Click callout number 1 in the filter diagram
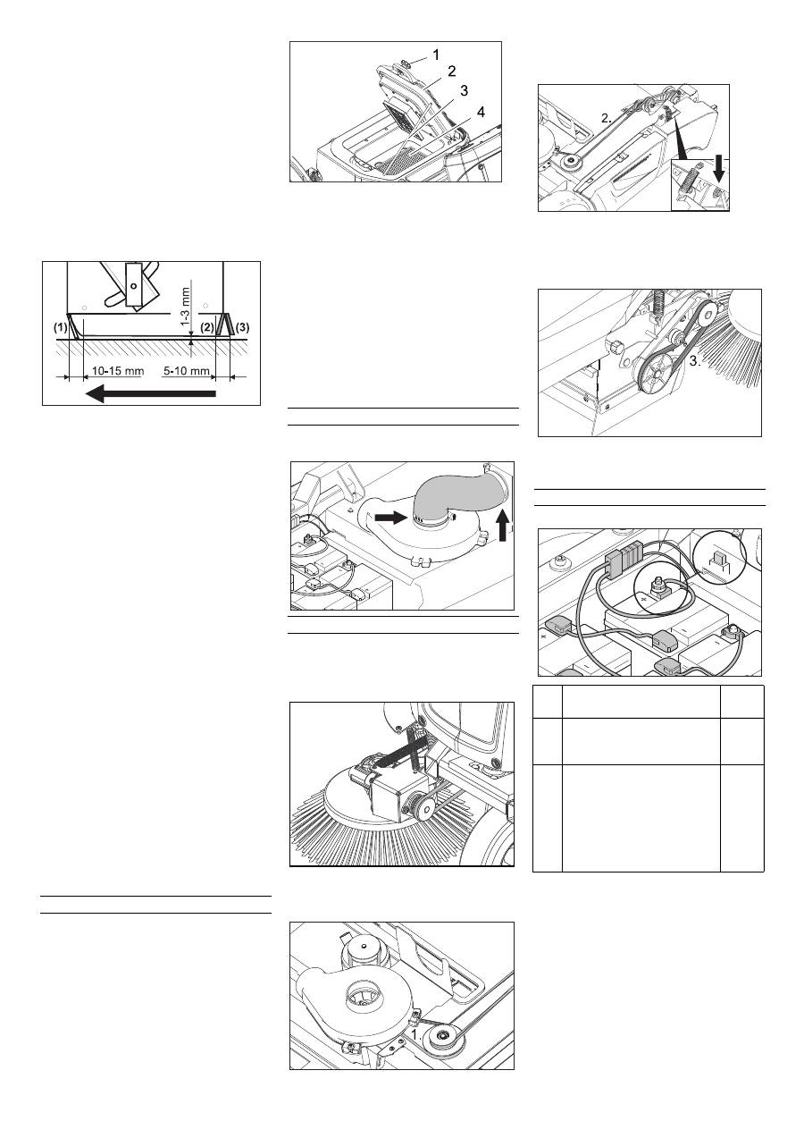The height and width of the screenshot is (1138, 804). [x=436, y=55]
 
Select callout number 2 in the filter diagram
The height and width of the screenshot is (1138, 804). [x=452, y=72]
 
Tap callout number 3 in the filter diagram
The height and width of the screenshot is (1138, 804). [x=464, y=90]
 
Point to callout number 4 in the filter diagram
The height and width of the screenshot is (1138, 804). [x=481, y=112]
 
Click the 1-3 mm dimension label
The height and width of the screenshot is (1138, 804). [x=186, y=307]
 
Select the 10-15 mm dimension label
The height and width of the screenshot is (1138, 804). [x=118, y=370]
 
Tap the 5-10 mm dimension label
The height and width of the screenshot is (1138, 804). [x=187, y=370]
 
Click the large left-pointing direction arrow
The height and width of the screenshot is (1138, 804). [x=150, y=393]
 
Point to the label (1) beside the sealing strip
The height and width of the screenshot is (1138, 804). [x=61, y=328]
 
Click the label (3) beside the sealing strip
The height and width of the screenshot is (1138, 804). [x=243, y=328]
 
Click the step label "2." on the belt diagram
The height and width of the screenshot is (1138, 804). [x=606, y=118]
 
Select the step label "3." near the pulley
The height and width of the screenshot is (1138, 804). [x=695, y=362]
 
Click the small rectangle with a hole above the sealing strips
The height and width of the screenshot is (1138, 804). [x=133, y=284]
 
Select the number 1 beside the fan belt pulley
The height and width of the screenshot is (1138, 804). [x=415, y=1033]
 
